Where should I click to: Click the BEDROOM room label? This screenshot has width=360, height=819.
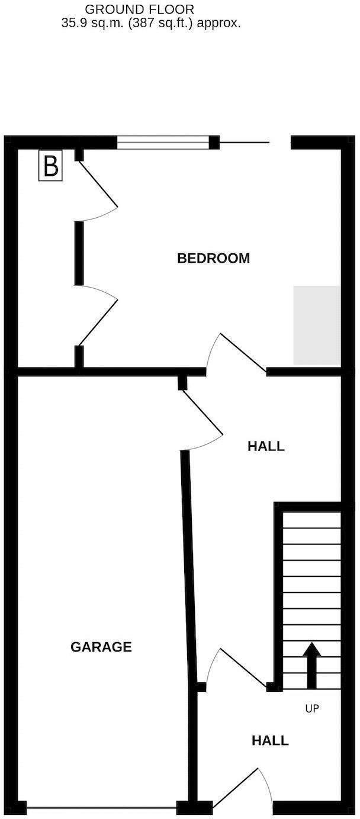pyautogui.click(x=213, y=258)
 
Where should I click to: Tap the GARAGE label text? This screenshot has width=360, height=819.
pyautogui.click(x=101, y=647)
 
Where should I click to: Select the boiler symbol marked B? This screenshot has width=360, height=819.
pyautogui.click(x=50, y=166)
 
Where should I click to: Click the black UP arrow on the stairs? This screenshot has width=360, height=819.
pyautogui.click(x=312, y=665)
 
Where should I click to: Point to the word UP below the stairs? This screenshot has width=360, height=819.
pyautogui.click(x=312, y=708)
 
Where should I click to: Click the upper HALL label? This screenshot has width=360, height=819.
pyautogui.click(x=266, y=446)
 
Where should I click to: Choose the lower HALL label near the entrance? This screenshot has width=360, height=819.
pyautogui.click(x=270, y=740)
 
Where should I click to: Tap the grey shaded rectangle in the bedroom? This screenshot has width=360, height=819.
pyautogui.click(x=317, y=325)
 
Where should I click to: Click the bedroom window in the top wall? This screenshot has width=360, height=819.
pyautogui.click(x=163, y=142)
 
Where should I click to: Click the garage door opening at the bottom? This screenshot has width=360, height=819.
pyautogui.click(x=101, y=807)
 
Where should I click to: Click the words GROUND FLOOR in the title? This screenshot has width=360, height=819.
pyautogui.click(x=140, y=9)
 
